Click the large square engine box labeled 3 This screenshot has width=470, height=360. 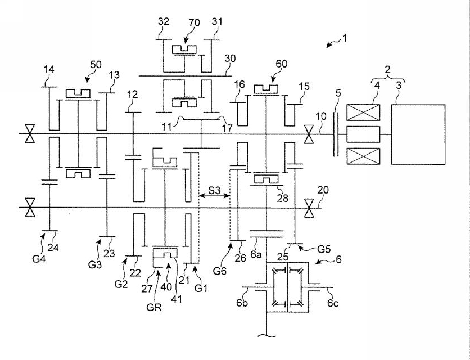click(x=418, y=134)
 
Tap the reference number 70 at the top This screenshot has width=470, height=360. click(x=194, y=23)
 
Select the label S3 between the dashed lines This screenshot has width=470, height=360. click(x=214, y=190)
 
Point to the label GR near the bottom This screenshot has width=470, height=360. click(x=154, y=307)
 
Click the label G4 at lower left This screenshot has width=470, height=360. click(x=39, y=258)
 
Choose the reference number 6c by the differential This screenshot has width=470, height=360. click(x=333, y=303)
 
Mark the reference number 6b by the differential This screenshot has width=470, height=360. click(x=242, y=303)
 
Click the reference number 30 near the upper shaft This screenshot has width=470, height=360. click(x=230, y=58)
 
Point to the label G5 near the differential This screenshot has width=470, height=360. click(x=324, y=249)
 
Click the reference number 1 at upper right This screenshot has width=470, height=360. click(x=345, y=38)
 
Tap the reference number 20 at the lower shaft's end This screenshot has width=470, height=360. click(x=323, y=190)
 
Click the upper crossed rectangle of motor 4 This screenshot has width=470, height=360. click(x=363, y=112)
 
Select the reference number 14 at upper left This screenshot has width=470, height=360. click(x=49, y=69)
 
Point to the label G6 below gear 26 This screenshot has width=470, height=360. click(x=220, y=271)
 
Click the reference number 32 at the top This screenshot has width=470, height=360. click(x=164, y=21)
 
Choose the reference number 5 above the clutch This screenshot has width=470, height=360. click(x=338, y=93)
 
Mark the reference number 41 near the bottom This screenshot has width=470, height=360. click(x=177, y=299)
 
